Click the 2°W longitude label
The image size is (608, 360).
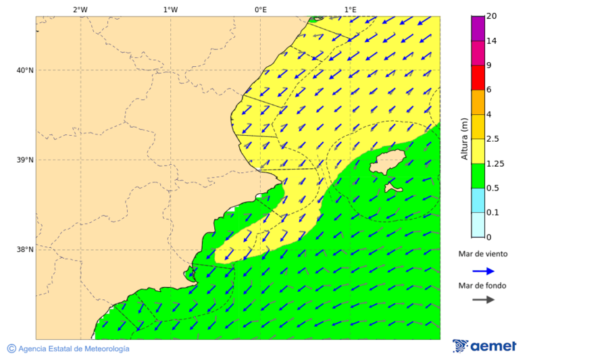point(80,9)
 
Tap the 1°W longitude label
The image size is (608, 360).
point(170,9)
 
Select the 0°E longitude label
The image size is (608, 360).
point(260,9)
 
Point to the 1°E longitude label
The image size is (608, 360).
point(350,9)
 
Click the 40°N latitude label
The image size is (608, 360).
point(25,70)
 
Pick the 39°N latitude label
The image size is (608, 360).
point(25,160)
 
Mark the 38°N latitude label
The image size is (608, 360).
point(25,250)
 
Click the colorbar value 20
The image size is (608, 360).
point(492,16)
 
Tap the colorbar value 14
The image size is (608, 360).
point(492,41)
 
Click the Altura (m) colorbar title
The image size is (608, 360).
point(464,138)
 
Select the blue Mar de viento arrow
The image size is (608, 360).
point(483,271)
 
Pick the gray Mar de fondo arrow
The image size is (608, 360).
point(483,300)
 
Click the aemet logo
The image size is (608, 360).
point(484,346)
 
